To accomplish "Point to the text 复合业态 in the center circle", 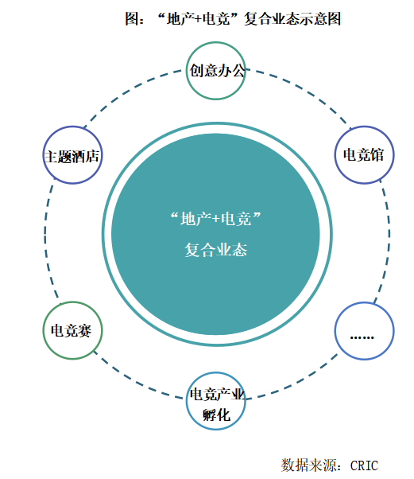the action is click(216, 250).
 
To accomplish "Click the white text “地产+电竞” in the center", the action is click(216, 219).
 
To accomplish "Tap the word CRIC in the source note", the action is click(364, 465).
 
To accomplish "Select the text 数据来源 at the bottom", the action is click(309, 465).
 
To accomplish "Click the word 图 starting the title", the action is click(132, 18).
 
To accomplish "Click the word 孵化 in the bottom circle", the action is click(216, 415).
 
